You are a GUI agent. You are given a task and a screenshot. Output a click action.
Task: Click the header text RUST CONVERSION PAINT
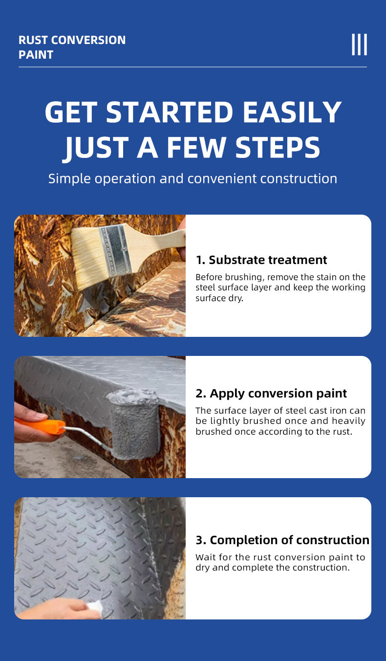72,47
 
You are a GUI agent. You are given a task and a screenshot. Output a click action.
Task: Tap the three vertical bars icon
359,44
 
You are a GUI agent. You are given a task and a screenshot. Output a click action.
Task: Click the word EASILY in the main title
292,112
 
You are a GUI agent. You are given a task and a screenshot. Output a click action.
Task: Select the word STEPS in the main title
278,147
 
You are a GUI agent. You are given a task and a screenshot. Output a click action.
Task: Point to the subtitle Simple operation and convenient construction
193,179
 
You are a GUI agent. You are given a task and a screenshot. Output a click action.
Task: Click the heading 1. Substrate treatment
261,260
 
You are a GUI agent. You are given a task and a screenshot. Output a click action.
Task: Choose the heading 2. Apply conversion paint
271,394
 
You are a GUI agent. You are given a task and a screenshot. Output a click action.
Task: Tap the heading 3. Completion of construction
282,540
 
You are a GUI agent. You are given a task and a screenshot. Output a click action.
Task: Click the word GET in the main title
71,112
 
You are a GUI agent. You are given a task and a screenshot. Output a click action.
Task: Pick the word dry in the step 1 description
236,298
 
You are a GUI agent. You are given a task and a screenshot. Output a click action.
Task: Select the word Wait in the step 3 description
206,557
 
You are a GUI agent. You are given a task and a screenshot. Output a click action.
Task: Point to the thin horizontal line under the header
193,67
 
